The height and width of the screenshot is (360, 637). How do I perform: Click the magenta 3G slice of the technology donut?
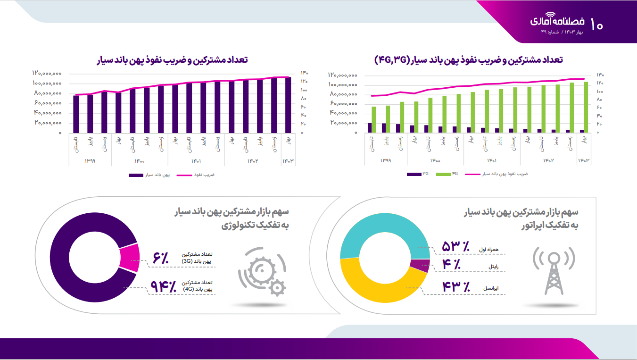[x=130, y=258]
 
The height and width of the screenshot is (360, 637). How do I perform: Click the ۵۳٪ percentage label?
[x=455, y=246]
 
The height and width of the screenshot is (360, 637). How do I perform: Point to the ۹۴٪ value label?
[x=163, y=286]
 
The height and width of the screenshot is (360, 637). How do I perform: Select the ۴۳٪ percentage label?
[x=455, y=286]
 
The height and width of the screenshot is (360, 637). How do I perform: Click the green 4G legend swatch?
[x=443, y=174]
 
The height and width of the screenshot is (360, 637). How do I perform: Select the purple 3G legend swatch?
[x=414, y=174]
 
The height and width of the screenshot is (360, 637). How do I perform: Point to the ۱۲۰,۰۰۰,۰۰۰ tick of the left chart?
[x=47, y=73]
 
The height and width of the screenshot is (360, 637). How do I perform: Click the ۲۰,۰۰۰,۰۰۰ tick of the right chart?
[x=343, y=123]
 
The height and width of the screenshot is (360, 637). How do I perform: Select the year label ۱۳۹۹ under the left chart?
[x=90, y=161]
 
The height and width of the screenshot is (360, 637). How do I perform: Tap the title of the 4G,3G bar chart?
[x=469, y=60]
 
